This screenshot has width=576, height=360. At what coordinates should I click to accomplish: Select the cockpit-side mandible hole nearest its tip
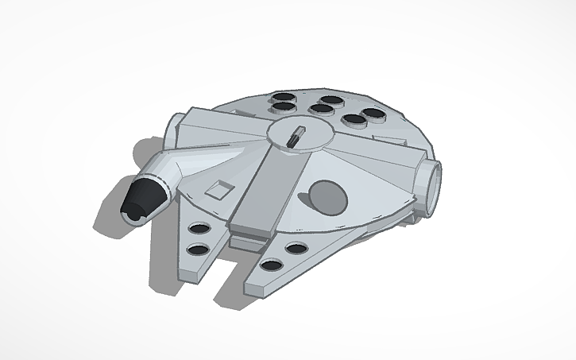[194, 250]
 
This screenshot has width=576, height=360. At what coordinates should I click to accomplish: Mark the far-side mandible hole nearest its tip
[271, 266]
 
